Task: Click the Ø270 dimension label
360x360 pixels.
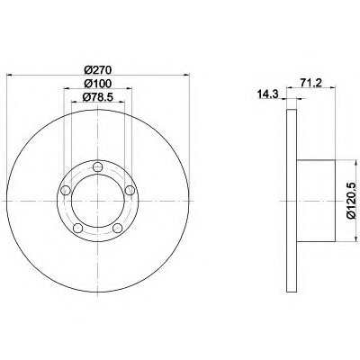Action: click(98, 70)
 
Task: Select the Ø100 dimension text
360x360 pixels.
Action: click(98, 84)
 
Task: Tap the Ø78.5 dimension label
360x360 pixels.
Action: click(98, 97)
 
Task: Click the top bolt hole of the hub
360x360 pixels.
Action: click(98, 166)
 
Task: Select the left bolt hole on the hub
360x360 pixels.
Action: click(66, 190)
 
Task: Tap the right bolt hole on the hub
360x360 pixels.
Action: click(130, 190)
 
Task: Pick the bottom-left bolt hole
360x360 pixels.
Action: click(78, 228)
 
